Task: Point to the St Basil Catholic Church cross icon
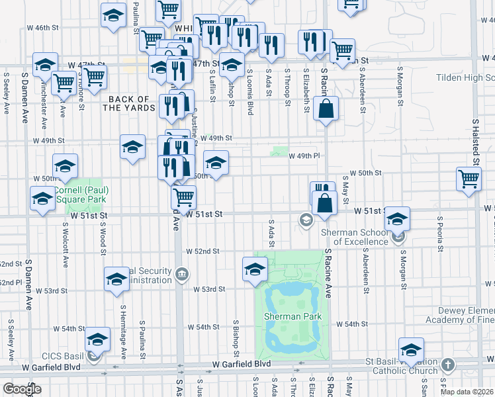pyautogui.click(x=448, y=365)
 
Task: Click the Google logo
pyautogui.click(x=21, y=389)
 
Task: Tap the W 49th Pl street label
pyautogui.click(x=304, y=155)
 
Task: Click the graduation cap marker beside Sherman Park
pyautogui.click(x=255, y=269)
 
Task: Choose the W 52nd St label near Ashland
pyautogui.click(x=202, y=251)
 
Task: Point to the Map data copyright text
pyautogui.click(x=467, y=391)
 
